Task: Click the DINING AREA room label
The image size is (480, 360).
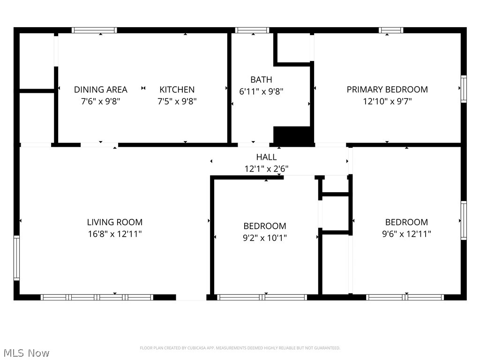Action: [100, 90]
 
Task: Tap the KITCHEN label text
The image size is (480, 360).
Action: [177, 90]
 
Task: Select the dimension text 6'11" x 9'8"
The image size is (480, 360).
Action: [261, 92]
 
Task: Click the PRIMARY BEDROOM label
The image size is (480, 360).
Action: [387, 89]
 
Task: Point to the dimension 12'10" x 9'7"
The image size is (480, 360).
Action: [387, 101]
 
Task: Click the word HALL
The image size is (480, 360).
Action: [266, 157]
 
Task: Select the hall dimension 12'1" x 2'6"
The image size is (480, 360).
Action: [266, 169]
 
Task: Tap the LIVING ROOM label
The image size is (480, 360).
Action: [114, 222]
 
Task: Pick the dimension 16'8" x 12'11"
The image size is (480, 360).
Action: [114, 234]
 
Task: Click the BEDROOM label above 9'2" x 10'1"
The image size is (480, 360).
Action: [264, 226]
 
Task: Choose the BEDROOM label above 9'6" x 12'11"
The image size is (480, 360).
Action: [406, 222]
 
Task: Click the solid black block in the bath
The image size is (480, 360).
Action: [293, 136]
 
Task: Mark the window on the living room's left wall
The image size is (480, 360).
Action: [16, 258]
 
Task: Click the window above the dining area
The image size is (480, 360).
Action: [94, 30]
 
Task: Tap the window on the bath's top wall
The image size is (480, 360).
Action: [252, 30]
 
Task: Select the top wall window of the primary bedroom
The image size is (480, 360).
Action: [391, 30]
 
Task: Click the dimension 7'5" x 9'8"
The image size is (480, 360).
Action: [177, 101]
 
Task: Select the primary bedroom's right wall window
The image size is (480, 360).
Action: [464, 89]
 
